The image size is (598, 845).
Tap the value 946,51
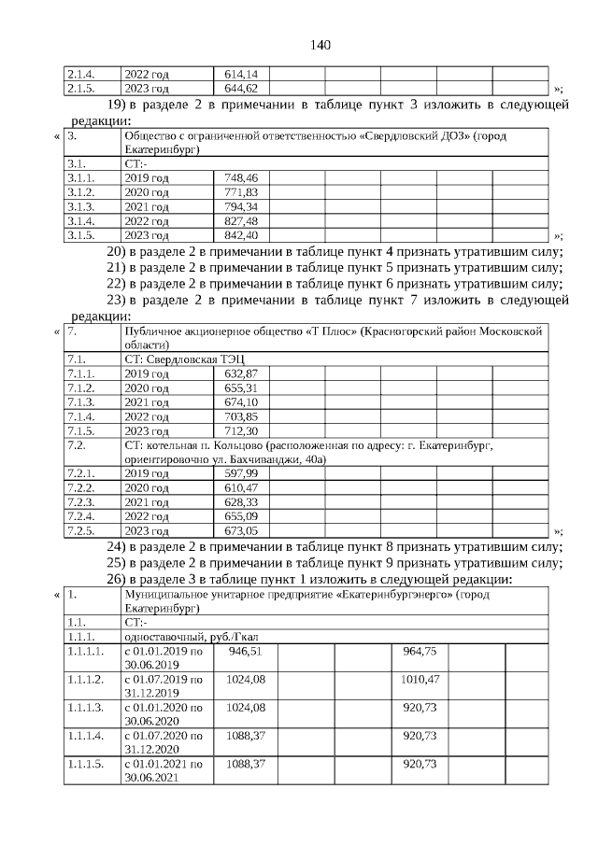point(245,651)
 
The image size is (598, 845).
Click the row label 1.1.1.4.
point(85,736)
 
